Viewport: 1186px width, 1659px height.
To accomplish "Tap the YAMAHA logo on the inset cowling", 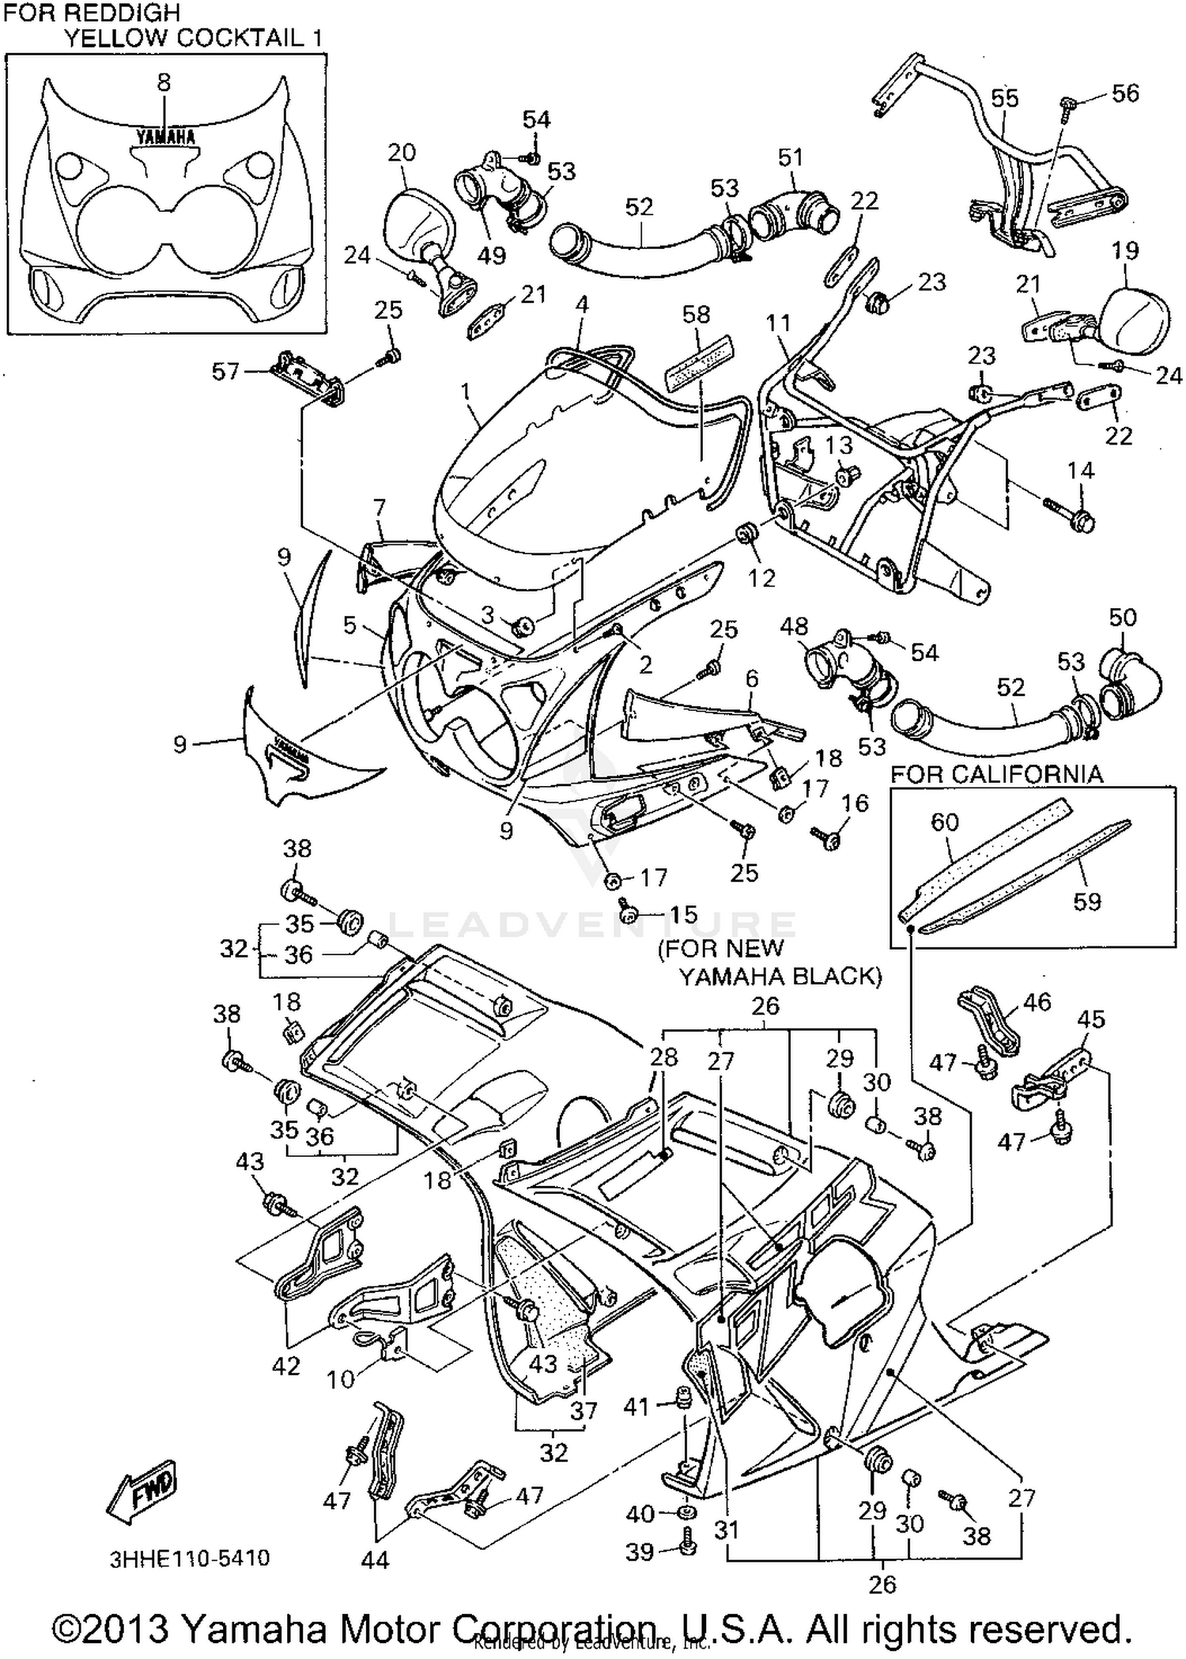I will tap(165, 137).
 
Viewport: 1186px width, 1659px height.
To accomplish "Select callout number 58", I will tap(696, 315).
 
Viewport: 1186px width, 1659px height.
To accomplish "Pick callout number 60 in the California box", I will tap(944, 822).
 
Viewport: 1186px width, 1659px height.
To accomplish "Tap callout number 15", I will tap(683, 914).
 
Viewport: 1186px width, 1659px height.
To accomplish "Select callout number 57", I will tap(225, 371).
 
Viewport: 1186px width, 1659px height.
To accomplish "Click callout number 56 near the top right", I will tap(1125, 93).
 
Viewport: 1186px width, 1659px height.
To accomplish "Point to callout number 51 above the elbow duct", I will tap(790, 157).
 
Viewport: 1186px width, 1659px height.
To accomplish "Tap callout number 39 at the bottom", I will tap(640, 1551).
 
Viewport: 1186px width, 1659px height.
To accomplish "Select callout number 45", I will tap(1091, 1019).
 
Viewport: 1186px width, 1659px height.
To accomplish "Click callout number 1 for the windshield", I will tap(466, 392).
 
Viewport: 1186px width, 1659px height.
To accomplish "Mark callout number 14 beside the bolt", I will tap(1080, 470).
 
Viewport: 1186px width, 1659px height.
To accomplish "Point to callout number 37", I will tap(584, 1411).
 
